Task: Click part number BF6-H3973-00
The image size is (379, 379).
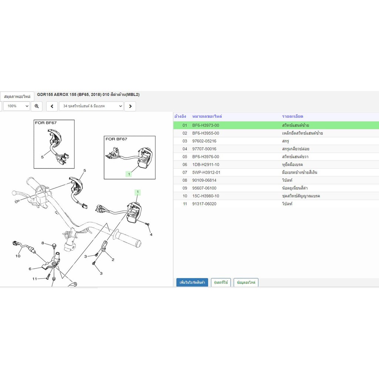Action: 206,125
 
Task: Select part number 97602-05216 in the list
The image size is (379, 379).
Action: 204,141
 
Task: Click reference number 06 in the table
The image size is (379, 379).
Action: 185,165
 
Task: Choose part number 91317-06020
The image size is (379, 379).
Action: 204,204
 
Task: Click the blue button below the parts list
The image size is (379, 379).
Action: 192,282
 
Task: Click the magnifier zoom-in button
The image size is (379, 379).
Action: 37,106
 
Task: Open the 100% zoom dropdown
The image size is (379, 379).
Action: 16,106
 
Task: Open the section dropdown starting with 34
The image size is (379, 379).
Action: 91,106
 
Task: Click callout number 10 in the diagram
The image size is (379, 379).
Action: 18,256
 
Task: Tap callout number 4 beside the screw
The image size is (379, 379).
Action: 151,234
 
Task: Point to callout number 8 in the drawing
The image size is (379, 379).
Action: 43,243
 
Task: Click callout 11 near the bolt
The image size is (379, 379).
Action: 34,279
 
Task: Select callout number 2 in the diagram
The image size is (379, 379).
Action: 113,259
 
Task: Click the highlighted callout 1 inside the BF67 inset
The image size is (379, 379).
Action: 129,174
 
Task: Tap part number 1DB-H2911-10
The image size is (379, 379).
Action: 206,165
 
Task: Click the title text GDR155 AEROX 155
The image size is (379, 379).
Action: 57,94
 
